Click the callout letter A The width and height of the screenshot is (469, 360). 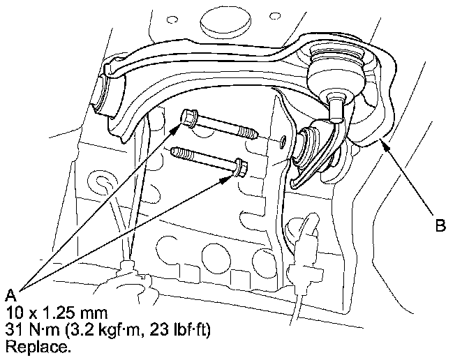[x=10, y=295]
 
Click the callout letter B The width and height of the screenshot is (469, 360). [x=440, y=225]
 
